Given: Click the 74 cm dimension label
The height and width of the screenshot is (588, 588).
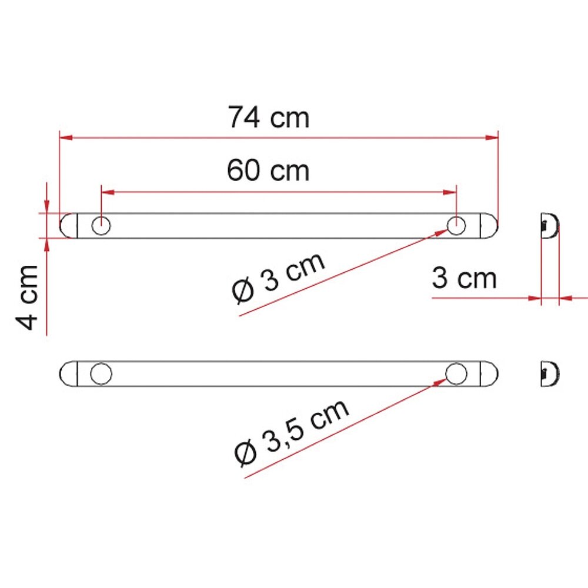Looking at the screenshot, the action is pos(269,118).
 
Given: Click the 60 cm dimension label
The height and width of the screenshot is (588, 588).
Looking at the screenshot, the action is pos(268,171).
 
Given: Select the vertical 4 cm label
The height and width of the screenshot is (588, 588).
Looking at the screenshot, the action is pos(27,298).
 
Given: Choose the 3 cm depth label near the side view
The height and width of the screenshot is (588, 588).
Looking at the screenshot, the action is pos(465,278).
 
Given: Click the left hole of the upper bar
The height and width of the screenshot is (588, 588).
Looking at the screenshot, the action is pos(101,226).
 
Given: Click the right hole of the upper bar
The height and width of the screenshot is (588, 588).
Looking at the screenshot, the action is pos(456,226).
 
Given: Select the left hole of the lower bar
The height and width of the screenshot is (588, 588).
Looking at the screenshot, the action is pos(101,374).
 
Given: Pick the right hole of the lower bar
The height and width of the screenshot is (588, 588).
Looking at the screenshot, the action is pos(456,374).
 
